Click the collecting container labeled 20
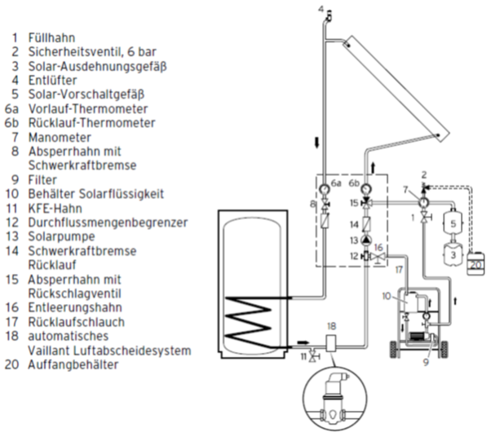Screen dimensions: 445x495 (476, 262)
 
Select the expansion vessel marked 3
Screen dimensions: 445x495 (450, 255)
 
